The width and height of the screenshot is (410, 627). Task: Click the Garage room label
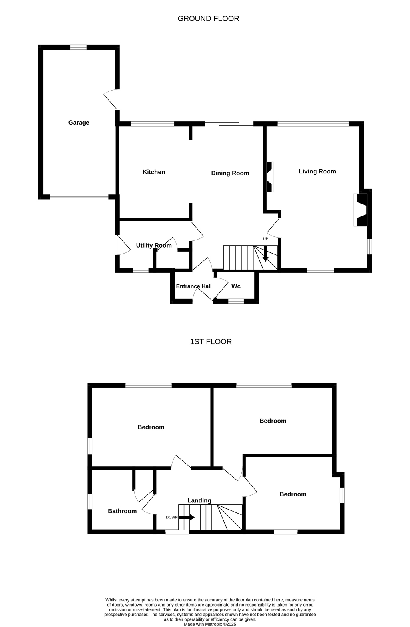[x=79, y=123]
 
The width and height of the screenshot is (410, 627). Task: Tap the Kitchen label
[x=153, y=172]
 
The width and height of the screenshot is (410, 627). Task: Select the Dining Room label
[x=230, y=173]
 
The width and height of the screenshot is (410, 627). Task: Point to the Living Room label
[x=317, y=171]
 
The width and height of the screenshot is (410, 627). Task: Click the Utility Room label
[x=153, y=246]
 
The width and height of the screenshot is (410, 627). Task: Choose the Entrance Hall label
[x=193, y=286]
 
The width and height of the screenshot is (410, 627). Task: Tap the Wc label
[x=236, y=286]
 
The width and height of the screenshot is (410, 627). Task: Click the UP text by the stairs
[x=265, y=239]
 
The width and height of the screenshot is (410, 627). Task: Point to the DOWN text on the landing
[x=171, y=517]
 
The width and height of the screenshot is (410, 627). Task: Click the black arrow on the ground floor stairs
[x=265, y=254]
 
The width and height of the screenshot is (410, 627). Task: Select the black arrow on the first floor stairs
[x=186, y=517]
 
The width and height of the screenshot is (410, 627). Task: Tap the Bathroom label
[x=122, y=511]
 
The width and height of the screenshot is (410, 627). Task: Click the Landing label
[x=199, y=500]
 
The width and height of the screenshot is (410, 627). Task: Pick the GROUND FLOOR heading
[x=208, y=19]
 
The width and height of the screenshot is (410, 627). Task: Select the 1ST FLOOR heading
[x=211, y=342]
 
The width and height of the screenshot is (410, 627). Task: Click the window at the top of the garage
[x=78, y=47]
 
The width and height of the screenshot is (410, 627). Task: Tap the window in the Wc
[x=236, y=301]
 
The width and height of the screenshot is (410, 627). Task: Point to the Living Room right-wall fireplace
[x=360, y=210]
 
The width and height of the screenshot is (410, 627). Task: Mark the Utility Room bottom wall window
[x=141, y=270]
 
